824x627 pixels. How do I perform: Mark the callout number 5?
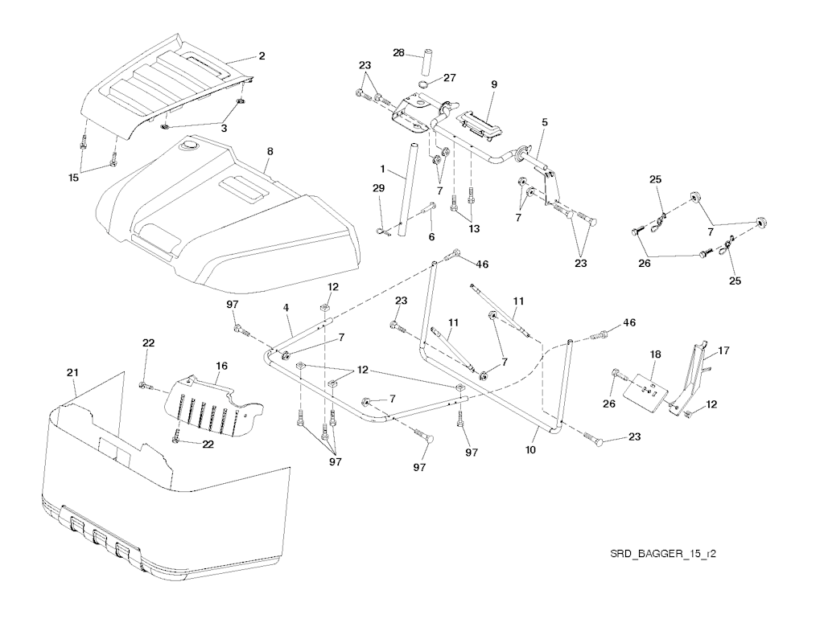pyautogui.click(x=545, y=122)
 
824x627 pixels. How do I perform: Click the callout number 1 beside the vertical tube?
pyautogui.click(x=383, y=170)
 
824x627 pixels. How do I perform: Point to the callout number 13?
pyautogui.click(x=475, y=228)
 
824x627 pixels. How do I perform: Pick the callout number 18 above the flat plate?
pyautogui.click(x=656, y=354)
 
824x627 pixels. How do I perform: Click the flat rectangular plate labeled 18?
pyautogui.click(x=649, y=392)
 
